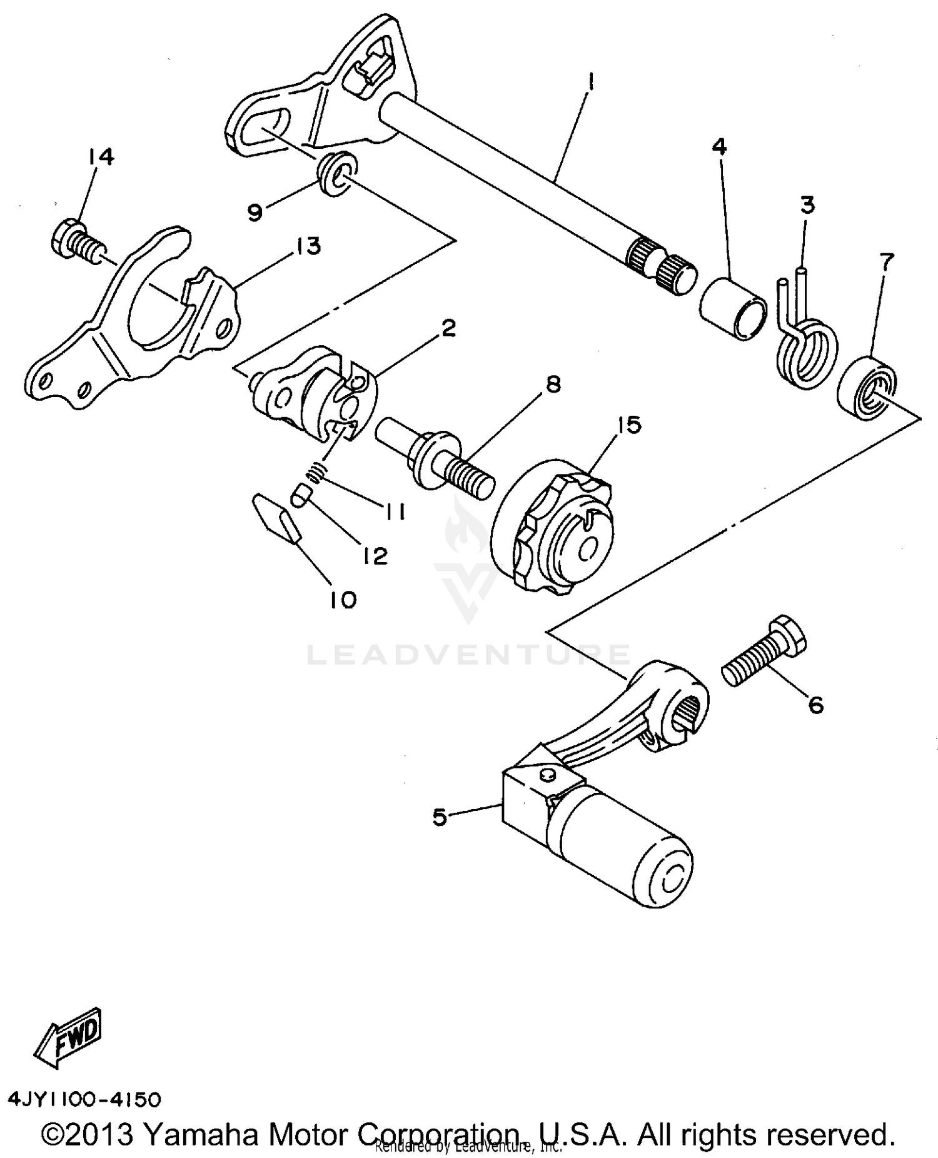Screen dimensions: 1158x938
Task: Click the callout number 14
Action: point(101,157)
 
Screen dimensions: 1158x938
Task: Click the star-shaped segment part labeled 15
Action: point(553,525)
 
